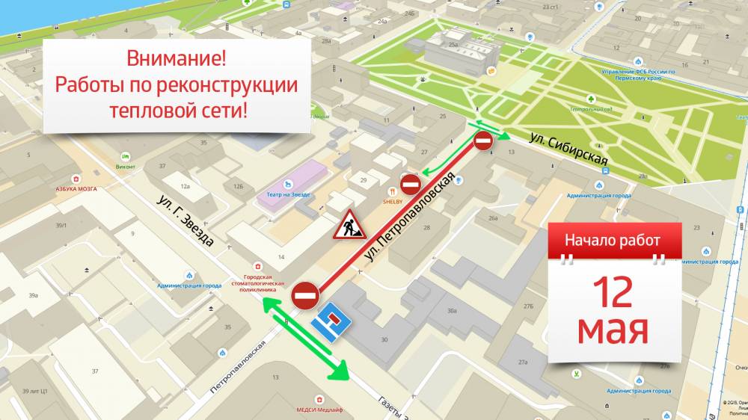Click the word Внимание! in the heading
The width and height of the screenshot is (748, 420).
[x=176, y=58]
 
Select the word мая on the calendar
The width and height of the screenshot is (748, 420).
[x=613, y=329]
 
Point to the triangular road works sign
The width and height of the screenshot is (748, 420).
[x=349, y=224]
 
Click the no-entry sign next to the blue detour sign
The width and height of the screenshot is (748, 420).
[x=306, y=296]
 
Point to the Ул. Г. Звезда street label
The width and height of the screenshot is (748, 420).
[x=186, y=221]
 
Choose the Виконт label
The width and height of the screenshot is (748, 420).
[x=125, y=167]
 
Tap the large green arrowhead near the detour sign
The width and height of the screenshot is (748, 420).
[x=340, y=369]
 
